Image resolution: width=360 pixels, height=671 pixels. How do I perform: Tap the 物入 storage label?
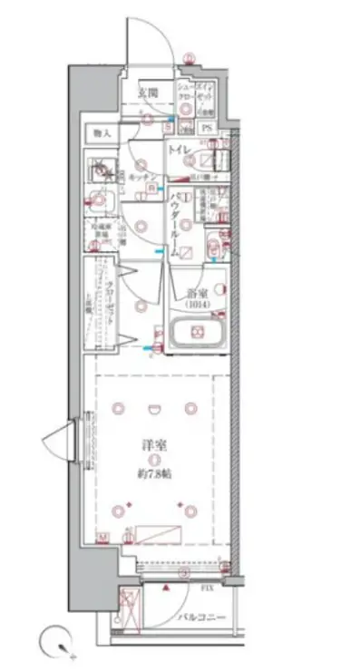[100, 133]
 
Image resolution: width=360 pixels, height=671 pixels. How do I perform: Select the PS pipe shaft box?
[207, 128]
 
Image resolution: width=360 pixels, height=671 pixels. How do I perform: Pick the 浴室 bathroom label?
[199, 293]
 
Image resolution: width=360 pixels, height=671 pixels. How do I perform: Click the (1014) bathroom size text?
[199, 305]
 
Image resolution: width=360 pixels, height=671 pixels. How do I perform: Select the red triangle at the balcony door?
[167, 587]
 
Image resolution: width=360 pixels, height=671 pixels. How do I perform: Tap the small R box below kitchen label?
[152, 188]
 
